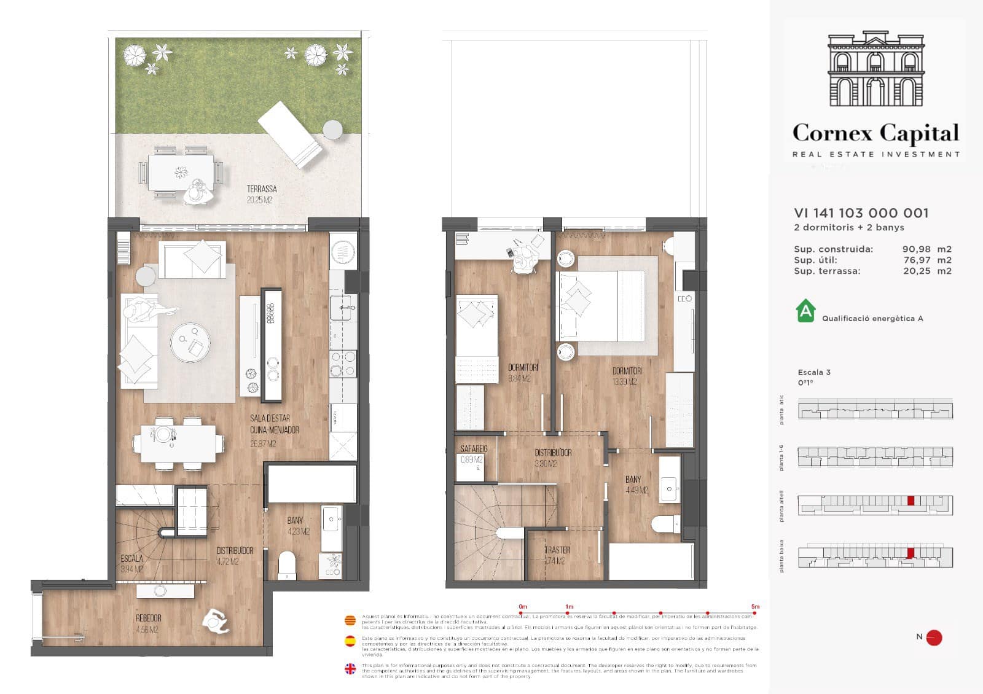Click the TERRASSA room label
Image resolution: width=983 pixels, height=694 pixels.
(x=262, y=189)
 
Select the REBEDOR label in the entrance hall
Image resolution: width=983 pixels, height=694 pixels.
(x=148, y=618)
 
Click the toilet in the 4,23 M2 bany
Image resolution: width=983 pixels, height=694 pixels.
(x=286, y=564)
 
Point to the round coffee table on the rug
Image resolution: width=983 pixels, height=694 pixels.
(x=190, y=342)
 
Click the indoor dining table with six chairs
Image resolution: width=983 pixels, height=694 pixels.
(x=178, y=443)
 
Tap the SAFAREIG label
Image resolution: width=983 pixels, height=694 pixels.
(x=474, y=449)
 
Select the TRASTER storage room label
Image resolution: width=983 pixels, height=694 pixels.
(x=557, y=550)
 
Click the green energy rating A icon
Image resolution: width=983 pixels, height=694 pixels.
(x=805, y=311)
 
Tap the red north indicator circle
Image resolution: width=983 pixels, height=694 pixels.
(x=934, y=637)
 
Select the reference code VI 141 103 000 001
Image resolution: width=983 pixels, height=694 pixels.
(x=861, y=213)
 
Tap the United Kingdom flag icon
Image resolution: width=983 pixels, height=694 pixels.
(x=350, y=669)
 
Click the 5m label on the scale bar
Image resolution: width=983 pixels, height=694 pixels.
(x=755, y=607)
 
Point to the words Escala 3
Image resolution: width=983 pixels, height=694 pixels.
(x=814, y=372)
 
